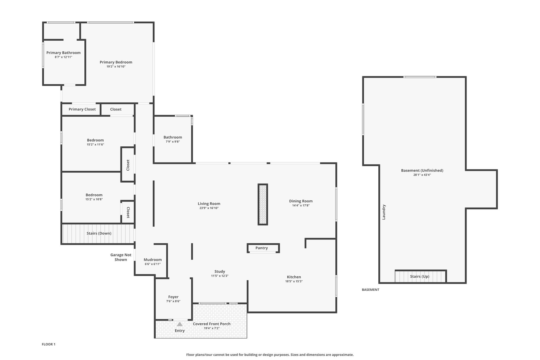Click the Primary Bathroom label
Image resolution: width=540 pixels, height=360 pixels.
tap(64, 53)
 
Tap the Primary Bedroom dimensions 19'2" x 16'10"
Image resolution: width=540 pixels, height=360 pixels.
tap(116, 66)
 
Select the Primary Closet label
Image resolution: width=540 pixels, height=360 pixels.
tap(82, 109)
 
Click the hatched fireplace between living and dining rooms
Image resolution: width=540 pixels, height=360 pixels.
tap(263, 204)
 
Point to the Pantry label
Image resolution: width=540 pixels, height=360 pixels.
tap(262, 248)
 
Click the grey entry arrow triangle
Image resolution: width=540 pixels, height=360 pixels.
tap(180, 324)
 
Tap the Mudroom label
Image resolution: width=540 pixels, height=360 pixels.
tap(153, 260)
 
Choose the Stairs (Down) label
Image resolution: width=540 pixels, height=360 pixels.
tap(99, 233)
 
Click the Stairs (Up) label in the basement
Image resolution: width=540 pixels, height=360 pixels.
tap(420, 276)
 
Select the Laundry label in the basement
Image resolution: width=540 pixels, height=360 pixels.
tap(384, 212)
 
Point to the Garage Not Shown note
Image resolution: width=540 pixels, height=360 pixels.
tap(121, 257)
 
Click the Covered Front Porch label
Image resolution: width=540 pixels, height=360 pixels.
tap(212, 324)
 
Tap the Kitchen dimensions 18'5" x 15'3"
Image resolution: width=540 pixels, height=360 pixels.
tap(294, 281)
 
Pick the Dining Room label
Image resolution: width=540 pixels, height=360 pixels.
tap(301, 201)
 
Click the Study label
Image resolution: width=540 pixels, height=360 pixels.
tap(220, 271)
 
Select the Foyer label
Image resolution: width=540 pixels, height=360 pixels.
tap(173, 297)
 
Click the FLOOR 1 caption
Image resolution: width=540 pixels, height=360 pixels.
tap(49, 344)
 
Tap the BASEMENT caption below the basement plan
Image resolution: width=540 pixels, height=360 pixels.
tap(370, 290)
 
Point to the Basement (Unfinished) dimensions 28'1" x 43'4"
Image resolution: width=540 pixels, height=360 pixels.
tap(422, 175)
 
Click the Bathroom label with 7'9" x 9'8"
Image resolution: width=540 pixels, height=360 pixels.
tap(173, 137)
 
